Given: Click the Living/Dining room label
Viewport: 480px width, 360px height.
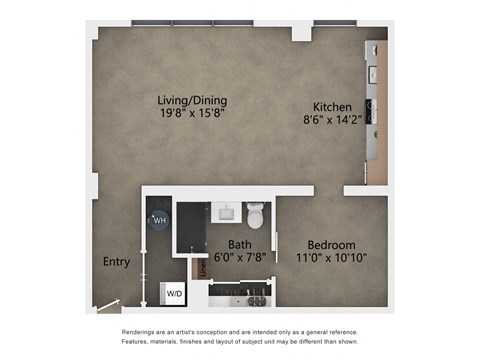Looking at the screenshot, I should coord(193,100).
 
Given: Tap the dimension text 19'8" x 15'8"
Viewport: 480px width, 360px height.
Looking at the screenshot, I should coord(193,114).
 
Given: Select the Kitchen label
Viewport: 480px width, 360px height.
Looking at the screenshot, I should coord(331,107).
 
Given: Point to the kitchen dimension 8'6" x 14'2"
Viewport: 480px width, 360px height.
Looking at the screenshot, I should coord(331,121).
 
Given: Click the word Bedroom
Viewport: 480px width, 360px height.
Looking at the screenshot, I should coord(331,244).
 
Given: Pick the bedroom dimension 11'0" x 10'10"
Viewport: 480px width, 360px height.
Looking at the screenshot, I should coord(331,258).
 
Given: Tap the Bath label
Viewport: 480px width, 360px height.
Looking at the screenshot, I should coord(240,244).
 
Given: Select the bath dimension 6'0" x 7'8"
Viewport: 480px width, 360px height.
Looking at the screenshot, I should coord(240,258).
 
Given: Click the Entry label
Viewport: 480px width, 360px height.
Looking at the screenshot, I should coord(116,262).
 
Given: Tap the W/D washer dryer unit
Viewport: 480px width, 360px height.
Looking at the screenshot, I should coord(174,294).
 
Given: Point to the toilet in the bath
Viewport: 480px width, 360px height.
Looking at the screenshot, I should coord(257,213).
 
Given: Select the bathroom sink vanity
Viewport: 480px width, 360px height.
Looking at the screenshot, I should coord(225,212).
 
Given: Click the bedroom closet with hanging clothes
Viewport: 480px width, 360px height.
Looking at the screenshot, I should coord(242,296).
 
